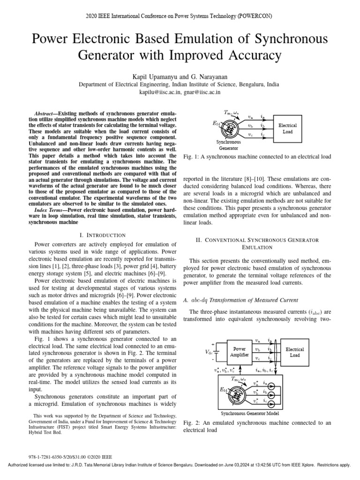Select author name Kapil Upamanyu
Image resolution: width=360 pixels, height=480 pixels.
pyautogui.click(x=156, y=76)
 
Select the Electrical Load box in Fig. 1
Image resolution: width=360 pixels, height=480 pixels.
pyautogui.click(x=287, y=129)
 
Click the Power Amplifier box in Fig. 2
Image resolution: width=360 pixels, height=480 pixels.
pyautogui.click(x=239, y=352)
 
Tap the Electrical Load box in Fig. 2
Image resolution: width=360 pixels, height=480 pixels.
pyautogui.click(x=294, y=352)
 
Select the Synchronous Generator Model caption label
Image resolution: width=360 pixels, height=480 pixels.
pyautogui.click(x=250, y=413)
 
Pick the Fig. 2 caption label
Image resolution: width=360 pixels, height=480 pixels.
pyautogui.click(x=190, y=423)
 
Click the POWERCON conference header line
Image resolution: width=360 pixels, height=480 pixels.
pyautogui.click(x=180, y=15)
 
